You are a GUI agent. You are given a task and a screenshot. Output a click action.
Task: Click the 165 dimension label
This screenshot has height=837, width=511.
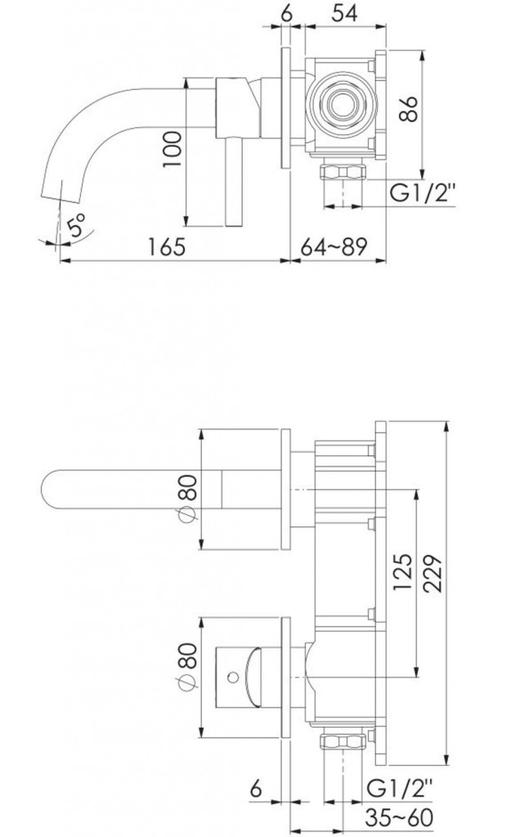[166, 247]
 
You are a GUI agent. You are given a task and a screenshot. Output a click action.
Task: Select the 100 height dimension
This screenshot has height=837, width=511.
[173, 149]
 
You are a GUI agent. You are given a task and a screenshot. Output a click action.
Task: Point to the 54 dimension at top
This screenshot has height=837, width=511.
[344, 12]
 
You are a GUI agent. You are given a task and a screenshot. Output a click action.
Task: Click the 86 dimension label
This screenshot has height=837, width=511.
[409, 109]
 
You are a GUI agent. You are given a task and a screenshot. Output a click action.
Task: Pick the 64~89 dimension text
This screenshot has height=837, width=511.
[334, 247]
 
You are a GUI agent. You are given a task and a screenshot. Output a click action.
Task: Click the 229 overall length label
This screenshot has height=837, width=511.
[432, 573]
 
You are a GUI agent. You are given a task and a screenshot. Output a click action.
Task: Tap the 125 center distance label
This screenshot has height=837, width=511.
[403, 571]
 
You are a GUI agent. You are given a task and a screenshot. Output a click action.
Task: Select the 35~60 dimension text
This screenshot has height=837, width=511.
[399, 817]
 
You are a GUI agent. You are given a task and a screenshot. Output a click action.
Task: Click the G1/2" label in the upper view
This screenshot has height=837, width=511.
[423, 192]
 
